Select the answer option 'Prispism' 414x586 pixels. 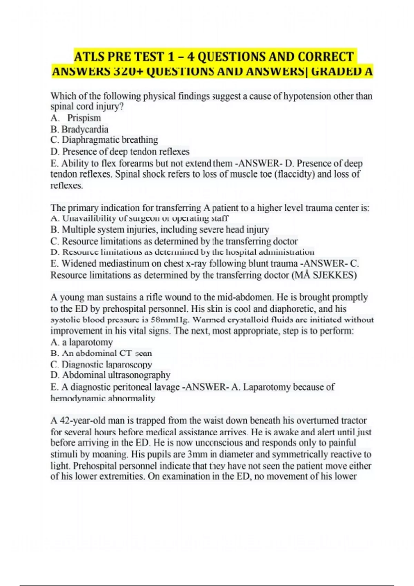[x=84, y=118]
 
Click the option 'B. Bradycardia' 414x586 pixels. [x=79, y=130]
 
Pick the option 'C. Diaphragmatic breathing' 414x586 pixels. [x=104, y=140]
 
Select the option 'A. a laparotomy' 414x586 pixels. [x=82, y=342]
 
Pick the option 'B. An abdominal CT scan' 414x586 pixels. [x=101, y=353]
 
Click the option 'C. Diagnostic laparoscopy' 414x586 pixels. [x=101, y=364]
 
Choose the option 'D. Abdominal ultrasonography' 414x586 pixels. [x=110, y=375]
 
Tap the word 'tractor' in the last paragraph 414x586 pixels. [x=354, y=421]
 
